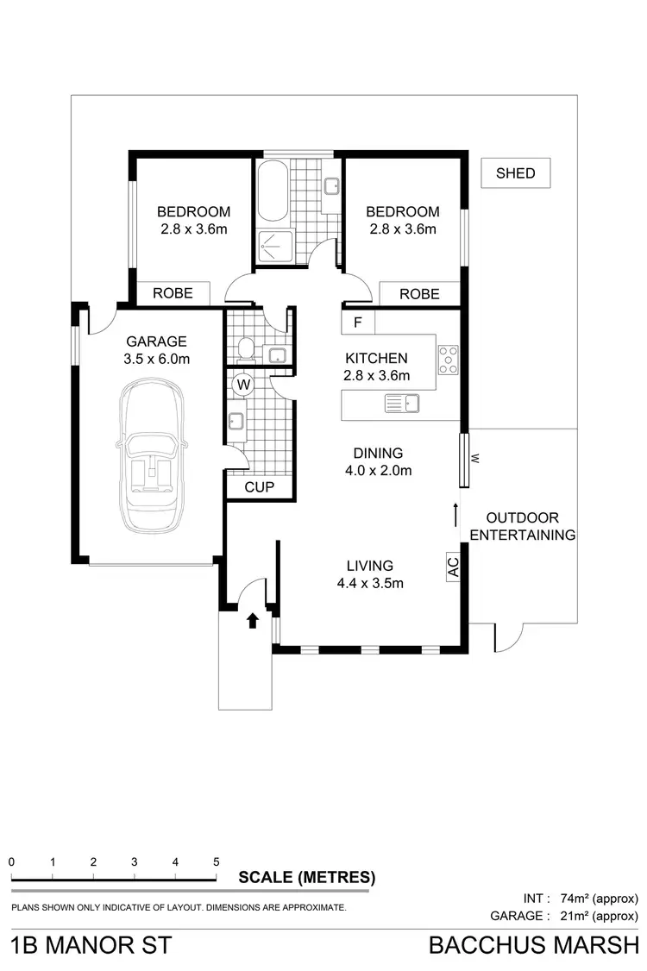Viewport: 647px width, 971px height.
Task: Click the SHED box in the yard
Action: pyautogui.click(x=515, y=173)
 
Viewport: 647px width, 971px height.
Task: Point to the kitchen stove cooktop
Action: pyautogui.click(x=448, y=359)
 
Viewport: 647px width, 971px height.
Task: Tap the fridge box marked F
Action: pyautogui.click(x=357, y=323)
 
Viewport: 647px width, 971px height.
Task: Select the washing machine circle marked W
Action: pyautogui.click(x=242, y=383)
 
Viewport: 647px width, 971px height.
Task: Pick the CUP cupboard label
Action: pyautogui.click(x=259, y=487)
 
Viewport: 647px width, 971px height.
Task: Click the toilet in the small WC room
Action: pyautogui.click(x=245, y=349)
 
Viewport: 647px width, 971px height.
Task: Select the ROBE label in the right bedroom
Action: pyautogui.click(x=419, y=294)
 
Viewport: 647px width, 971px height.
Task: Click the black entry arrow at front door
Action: pyautogui.click(x=252, y=619)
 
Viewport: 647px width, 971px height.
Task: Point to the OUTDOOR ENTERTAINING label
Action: pyautogui.click(x=523, y=526)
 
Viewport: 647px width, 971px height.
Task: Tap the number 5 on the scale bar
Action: pyautogui.click(x=216, y=861)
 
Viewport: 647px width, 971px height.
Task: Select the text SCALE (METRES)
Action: pyautogui.click(x=306, y=878)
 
